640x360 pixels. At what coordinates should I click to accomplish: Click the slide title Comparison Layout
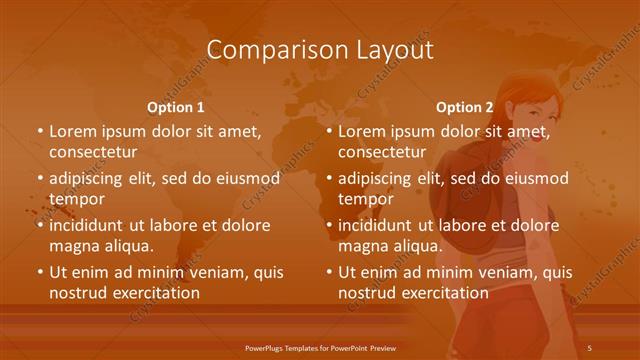tap(319, 51)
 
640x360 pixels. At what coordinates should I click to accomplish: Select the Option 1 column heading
tap(176, 108)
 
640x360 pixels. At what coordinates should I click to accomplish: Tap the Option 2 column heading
tap(465, 108)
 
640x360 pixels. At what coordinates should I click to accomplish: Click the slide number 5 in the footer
tap(590, 347)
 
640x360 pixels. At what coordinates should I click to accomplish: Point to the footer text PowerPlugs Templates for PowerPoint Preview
tap(319, 347)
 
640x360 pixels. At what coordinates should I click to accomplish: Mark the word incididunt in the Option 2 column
tap(382, 225)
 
